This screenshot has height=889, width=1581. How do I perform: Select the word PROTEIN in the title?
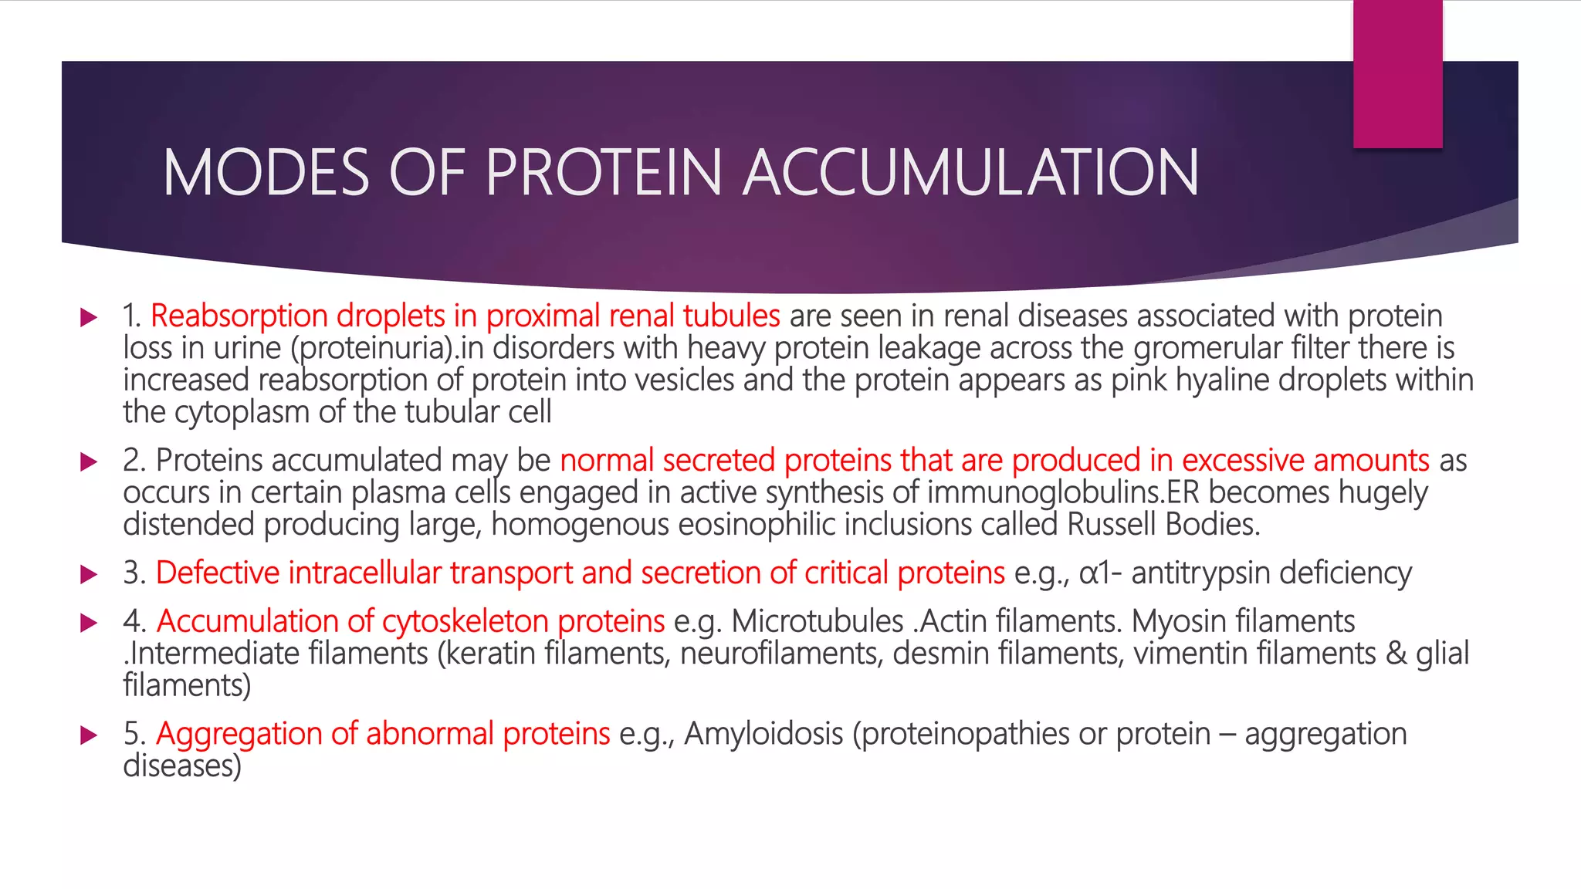[x=603, y=172]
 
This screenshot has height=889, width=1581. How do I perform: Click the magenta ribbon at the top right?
[x=1397, y=73]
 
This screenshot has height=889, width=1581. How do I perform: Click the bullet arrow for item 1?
[x=90, y=316]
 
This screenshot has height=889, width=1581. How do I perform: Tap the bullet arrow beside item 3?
[x=90, y=573]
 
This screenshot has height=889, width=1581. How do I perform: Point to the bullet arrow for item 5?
[x=90, y=735]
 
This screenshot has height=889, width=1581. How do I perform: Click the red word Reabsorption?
[x=239, y=316]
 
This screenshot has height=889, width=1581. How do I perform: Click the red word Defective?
[x=218, y=573]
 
